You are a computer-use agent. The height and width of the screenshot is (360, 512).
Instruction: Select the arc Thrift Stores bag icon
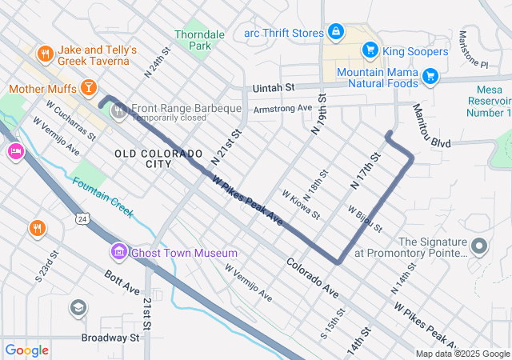point(335,33)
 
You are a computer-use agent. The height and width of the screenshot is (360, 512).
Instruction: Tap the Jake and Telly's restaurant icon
point(46,54)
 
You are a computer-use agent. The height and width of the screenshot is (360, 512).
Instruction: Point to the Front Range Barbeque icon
point(119,110)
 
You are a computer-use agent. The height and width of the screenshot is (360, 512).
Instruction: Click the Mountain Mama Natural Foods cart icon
point(430,77)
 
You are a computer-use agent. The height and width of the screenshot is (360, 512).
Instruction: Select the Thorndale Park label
point(194,40)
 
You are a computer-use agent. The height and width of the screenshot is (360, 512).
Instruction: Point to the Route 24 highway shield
point(82,218)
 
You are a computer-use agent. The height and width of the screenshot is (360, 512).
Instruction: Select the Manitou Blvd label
point(432,127)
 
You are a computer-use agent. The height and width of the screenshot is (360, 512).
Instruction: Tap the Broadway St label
point(110,338)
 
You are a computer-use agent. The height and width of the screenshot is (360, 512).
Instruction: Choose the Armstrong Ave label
point(282,108)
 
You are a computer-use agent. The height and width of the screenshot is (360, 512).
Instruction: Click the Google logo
point(27,350)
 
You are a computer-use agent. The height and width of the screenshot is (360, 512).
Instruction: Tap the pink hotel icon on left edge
point(14,151)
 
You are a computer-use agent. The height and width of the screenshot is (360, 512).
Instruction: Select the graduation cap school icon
point(78,307)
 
